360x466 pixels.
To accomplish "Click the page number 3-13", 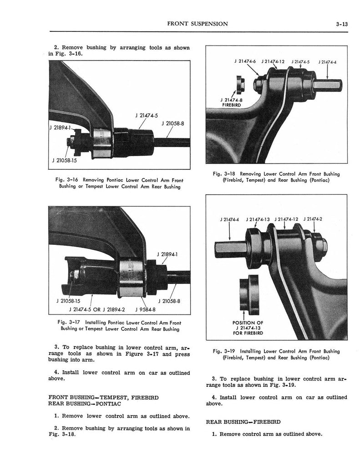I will (340, 24).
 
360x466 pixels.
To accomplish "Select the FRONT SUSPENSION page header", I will (198, 24).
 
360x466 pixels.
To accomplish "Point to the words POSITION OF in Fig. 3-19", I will (247, 323).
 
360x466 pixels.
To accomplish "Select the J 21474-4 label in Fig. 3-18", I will (330, 62).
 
